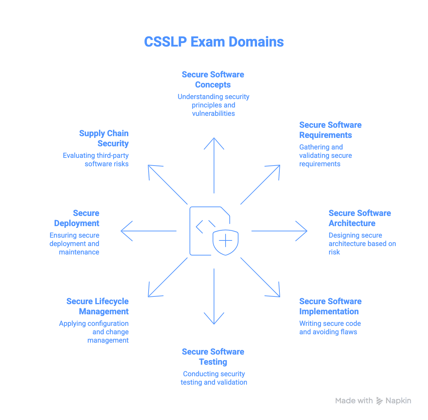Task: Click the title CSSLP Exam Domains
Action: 214,42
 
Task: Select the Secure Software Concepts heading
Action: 213,80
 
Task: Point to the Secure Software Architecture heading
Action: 359,218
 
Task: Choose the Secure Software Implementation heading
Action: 330,306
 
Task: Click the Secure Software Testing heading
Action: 213,357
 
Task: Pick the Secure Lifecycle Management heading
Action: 98,306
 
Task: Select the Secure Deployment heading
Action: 77,218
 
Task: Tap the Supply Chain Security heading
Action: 104,138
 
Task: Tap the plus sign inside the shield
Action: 226,241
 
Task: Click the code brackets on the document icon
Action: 206,227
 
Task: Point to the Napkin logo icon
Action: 379,401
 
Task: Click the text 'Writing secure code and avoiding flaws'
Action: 330,328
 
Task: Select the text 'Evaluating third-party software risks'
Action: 96,160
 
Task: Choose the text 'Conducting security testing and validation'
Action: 214,378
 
